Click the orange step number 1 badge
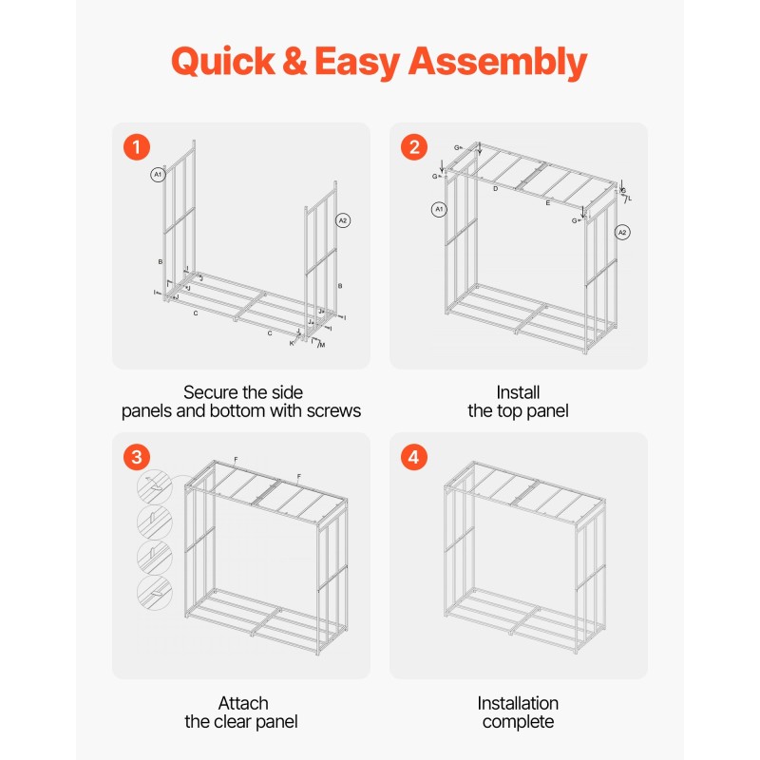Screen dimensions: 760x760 (x=137, y=147)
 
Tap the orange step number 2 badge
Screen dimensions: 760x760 (x=414, y=147)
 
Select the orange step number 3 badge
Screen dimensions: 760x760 (x=137, y=457)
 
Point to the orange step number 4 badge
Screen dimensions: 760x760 (x=414, y=457)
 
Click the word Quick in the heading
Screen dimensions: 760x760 (x=223, y=62)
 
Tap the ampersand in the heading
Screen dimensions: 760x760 (x=294, y=61)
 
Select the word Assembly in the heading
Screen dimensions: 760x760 (x=498, y=62)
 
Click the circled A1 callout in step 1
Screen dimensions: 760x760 (x=158, y=175)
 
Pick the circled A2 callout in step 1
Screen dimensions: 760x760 (x=343, y=220)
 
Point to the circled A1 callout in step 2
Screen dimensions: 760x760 (x=439, y=209)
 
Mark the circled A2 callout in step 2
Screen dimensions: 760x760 (x=622, y=233)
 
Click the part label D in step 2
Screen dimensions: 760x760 (x=495, y=188)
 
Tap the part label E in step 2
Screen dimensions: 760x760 (x=548, y=203)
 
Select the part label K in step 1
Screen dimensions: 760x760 (x=292, y=343)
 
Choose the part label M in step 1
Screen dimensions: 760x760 (x=322, y=345)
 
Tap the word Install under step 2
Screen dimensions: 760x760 (x=518, y=392)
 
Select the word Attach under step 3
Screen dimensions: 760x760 (x=243, y=703)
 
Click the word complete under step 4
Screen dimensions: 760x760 (x=518, y=722)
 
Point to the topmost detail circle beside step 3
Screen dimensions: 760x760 (x=155, y=486)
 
